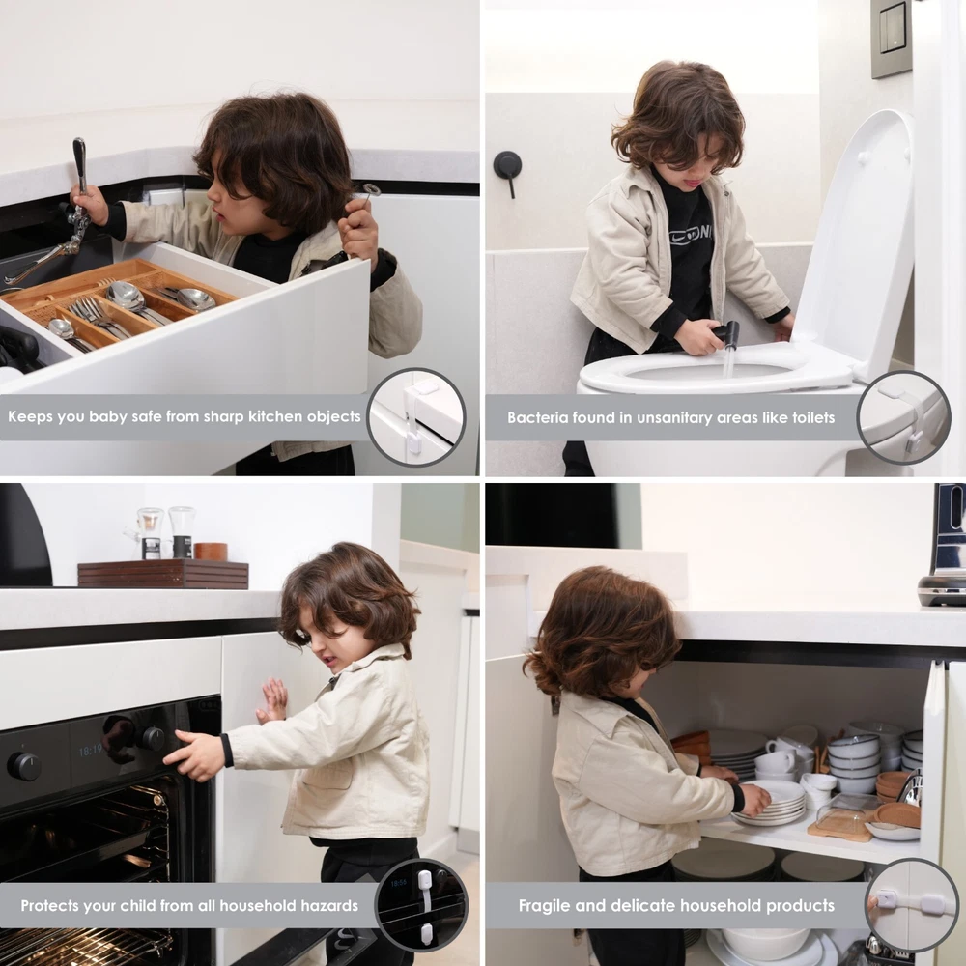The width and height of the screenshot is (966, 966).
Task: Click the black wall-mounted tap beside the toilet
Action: [508, 170]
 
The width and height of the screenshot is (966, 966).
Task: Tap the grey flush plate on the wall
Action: [891, 39]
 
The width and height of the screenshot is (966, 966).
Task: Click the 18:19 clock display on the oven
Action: [91, 751]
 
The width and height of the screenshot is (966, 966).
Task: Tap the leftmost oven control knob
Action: [23, 766]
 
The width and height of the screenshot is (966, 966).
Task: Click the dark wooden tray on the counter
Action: [163, 574]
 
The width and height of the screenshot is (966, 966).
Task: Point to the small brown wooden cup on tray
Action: [211, 552]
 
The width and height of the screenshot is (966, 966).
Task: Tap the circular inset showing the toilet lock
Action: [903, 417]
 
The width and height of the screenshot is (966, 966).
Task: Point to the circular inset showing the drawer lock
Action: [416, 417]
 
